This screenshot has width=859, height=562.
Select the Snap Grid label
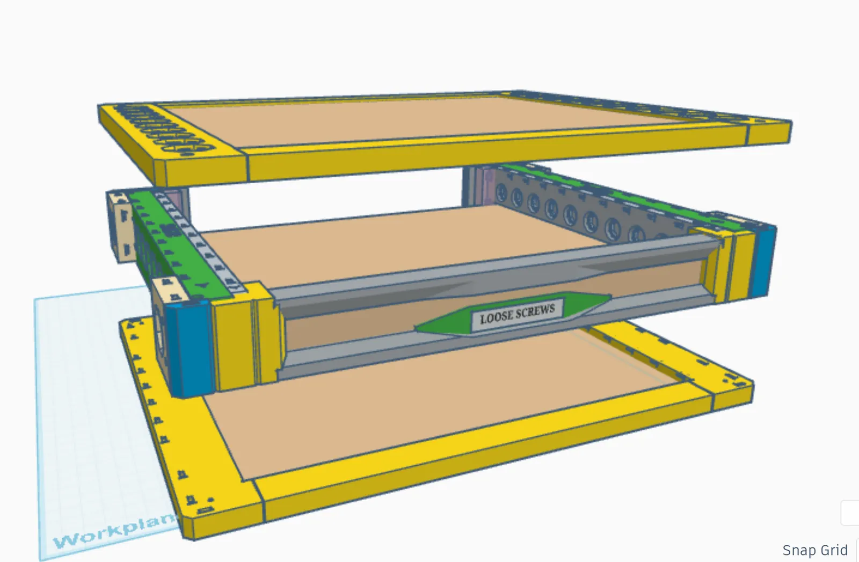coord(815,550)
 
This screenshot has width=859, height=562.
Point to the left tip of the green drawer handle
coord(415,328)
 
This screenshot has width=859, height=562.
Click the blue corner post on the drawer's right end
coord(762,262)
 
